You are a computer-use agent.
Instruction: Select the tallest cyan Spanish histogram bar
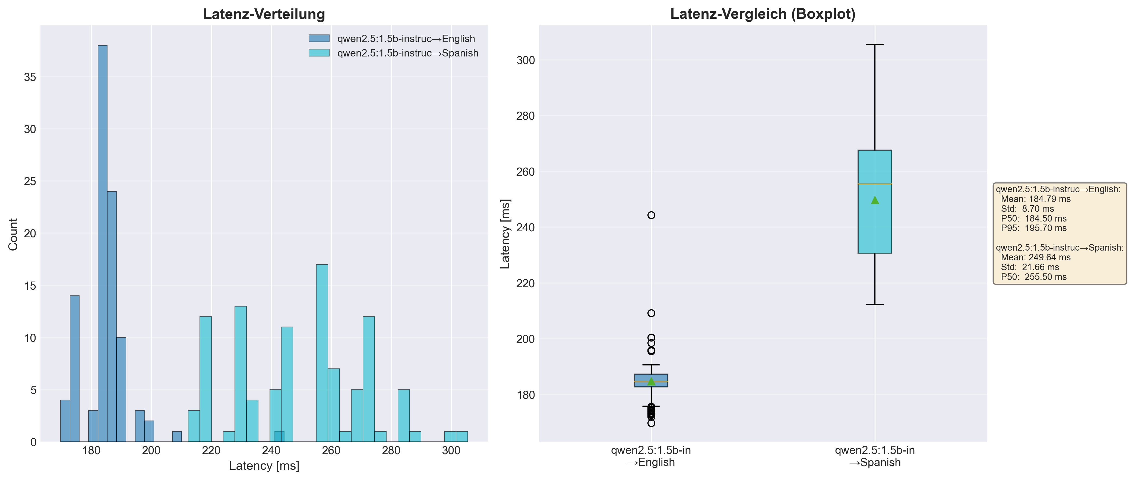pyautogui.click(x=322, y=353)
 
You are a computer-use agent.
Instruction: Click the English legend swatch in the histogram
pyautogui.click(x=319, y=39)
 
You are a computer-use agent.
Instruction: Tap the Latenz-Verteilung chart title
pyautogui.click(x=264, y=14)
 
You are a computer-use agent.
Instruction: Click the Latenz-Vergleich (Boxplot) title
pyautogui.click(x=763, y=14)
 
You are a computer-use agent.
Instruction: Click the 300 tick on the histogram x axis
pyautogui.click(x=451, y=451)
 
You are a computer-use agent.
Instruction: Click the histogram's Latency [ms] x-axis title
pyautogui.click(x=264, y=466)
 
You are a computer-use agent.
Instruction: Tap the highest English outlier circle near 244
pyautogui.click(x=651, y=215)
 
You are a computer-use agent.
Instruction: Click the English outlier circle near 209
pyautogui.click(x=651, y=313)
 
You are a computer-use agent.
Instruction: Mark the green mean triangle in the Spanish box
pyautogui.click(x=875, y=200)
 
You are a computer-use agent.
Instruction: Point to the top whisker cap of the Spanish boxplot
pyautogui.click(x=875, y=45)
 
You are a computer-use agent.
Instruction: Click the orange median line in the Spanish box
pyautogui.click(x=875, y=184)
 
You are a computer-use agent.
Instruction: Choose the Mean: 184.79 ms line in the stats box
pyautogui.click(x=1036, y=199)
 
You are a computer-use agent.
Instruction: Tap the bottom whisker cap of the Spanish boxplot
pyautogui.click(x=875, y=304)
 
